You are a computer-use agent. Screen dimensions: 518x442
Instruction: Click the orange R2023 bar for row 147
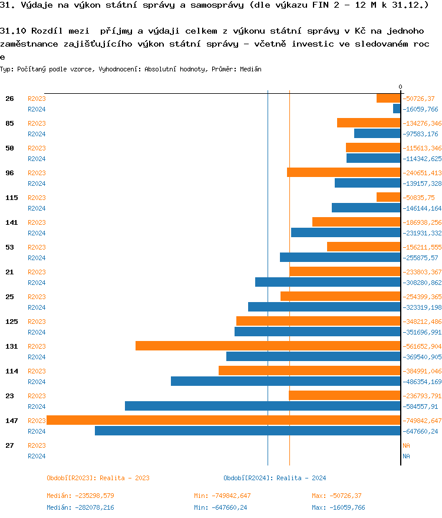tap(223, 420)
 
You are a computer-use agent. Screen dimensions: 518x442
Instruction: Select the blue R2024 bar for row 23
tap(263, 406)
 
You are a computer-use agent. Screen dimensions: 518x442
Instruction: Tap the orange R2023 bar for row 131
tap(268, 346)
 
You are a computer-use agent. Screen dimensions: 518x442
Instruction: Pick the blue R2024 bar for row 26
tap(397, 109)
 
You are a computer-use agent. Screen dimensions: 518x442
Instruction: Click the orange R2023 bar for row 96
tap(344, 172)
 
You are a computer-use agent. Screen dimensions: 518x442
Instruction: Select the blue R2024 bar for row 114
tap(286, 381)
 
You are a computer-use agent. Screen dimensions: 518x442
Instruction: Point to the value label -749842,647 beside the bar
tap(422, 421)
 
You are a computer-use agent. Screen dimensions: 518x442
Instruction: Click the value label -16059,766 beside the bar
tap(420, 109)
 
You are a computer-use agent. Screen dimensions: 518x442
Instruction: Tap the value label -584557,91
tap(420, 406)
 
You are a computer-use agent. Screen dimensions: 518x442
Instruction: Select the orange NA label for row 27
tap(406, 445)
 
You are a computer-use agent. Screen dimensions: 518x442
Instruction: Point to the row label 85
tap(10, 123)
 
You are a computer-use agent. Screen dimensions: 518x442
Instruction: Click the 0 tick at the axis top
tap(401, 87)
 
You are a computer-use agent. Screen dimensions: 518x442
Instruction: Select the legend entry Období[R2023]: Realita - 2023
tap(98, 478)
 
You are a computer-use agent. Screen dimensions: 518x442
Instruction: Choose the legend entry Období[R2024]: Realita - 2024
tap(275, 478)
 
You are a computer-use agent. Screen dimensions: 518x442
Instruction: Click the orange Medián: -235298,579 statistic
tap(80, 496)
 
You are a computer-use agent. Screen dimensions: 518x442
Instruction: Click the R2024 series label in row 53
tap(37, 258)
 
